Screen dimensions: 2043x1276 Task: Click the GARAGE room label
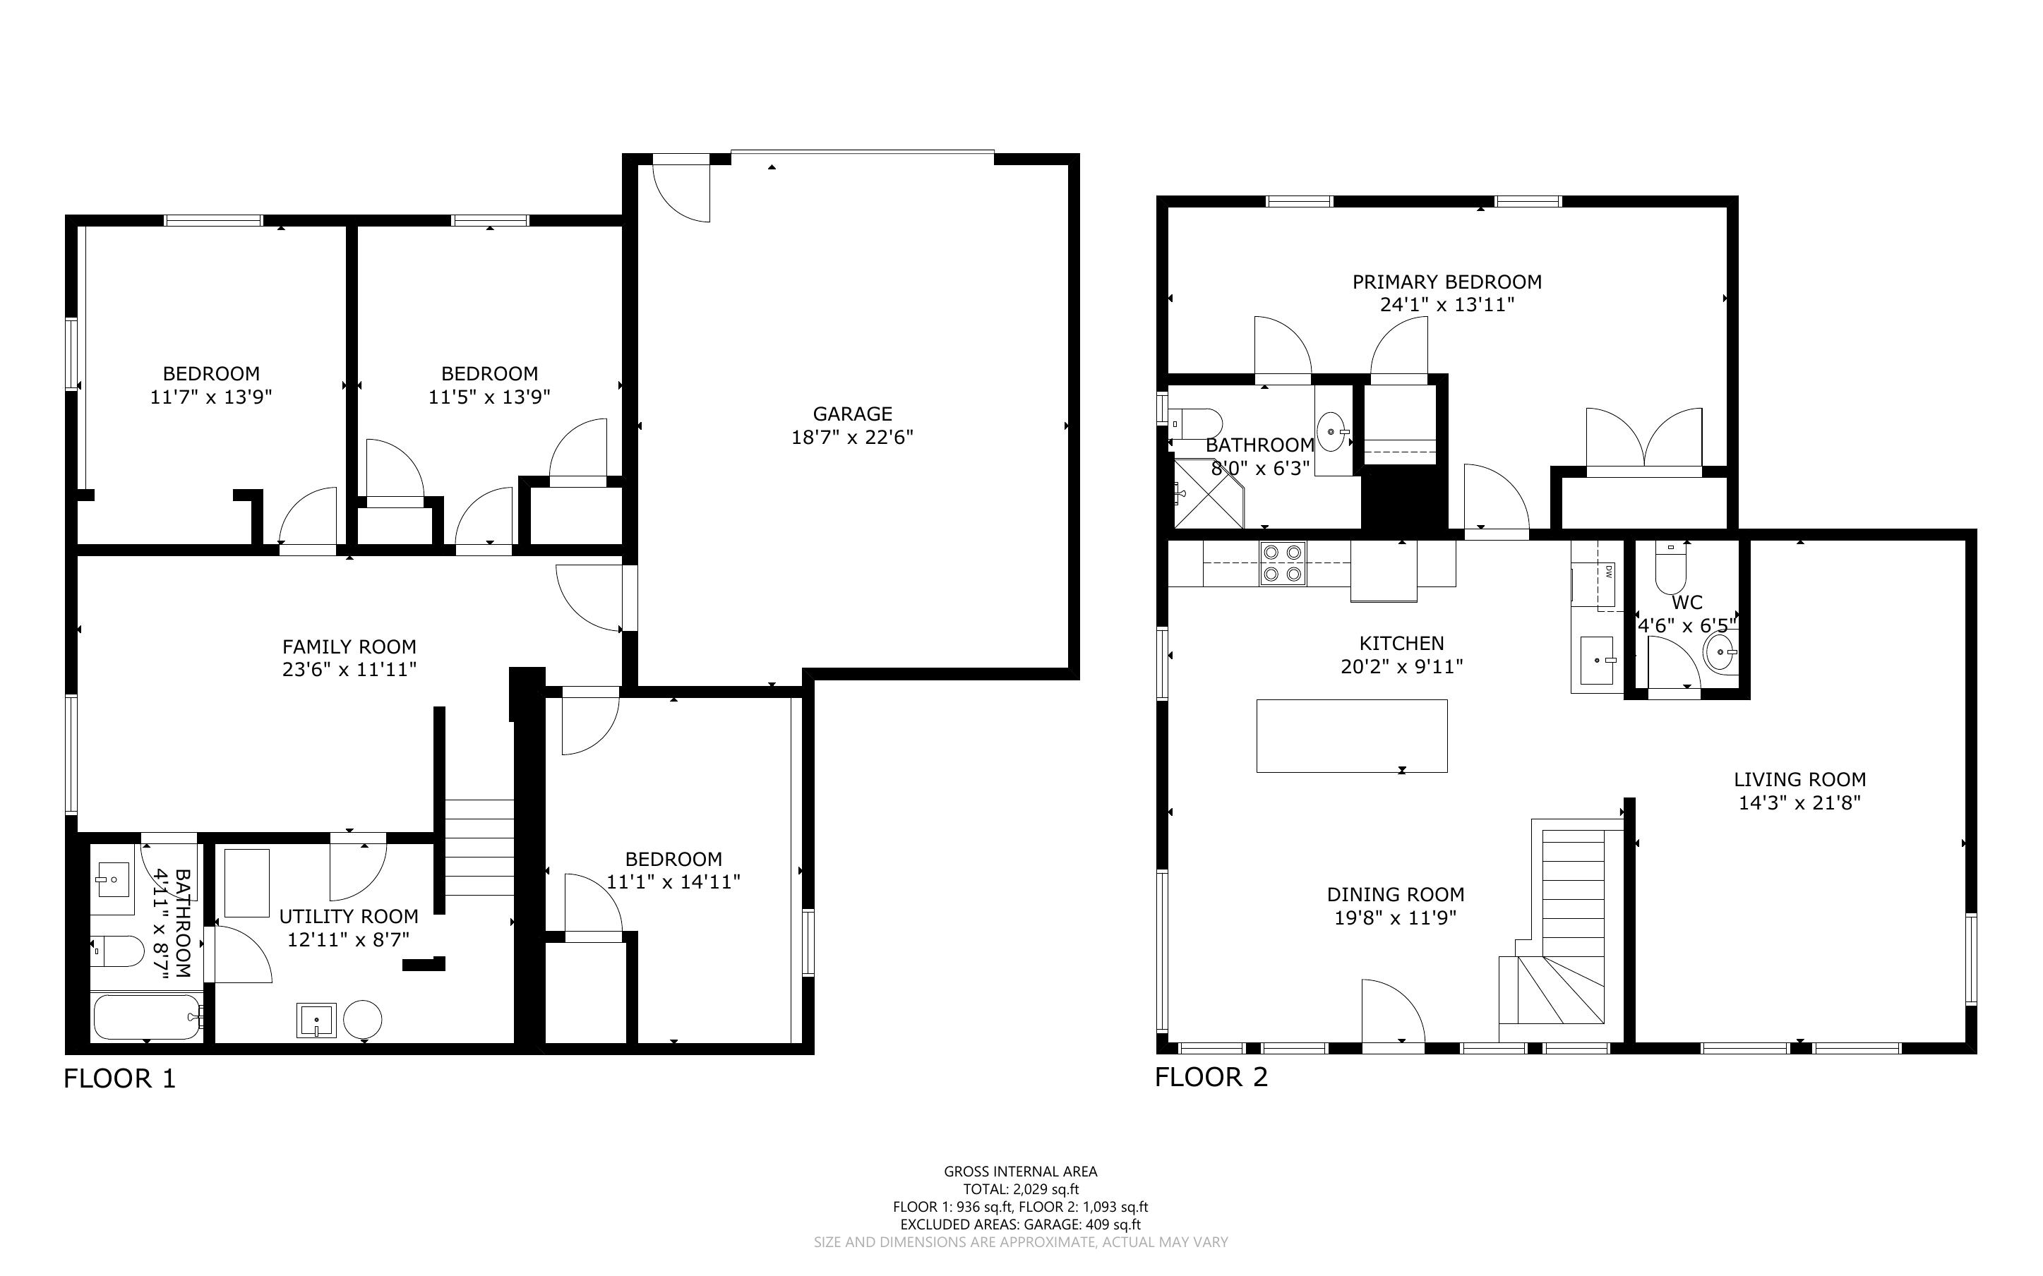click(852, 414)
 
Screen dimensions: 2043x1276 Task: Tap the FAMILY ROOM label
click(349, 646)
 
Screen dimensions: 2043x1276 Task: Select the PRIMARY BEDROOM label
click(1447, 282)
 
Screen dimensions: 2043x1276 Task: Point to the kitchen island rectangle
click(1352, 736)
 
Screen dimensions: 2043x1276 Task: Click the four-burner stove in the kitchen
click(1283, 564)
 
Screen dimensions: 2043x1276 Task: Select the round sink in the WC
click(1720, 651)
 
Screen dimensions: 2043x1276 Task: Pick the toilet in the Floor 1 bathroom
click(118, 952)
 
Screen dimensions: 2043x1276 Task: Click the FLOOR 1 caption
click(120, 1078)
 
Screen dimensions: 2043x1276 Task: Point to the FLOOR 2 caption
click(1212, 1077)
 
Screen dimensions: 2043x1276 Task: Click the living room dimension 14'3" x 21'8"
click(1800, 802)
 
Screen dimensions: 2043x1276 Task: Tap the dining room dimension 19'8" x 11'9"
click(1396, 917)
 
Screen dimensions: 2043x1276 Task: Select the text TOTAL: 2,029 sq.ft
click(1021, 1189)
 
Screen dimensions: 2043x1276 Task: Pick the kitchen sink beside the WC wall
click(1598, 661)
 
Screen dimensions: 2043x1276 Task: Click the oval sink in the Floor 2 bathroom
click(1331, 432)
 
